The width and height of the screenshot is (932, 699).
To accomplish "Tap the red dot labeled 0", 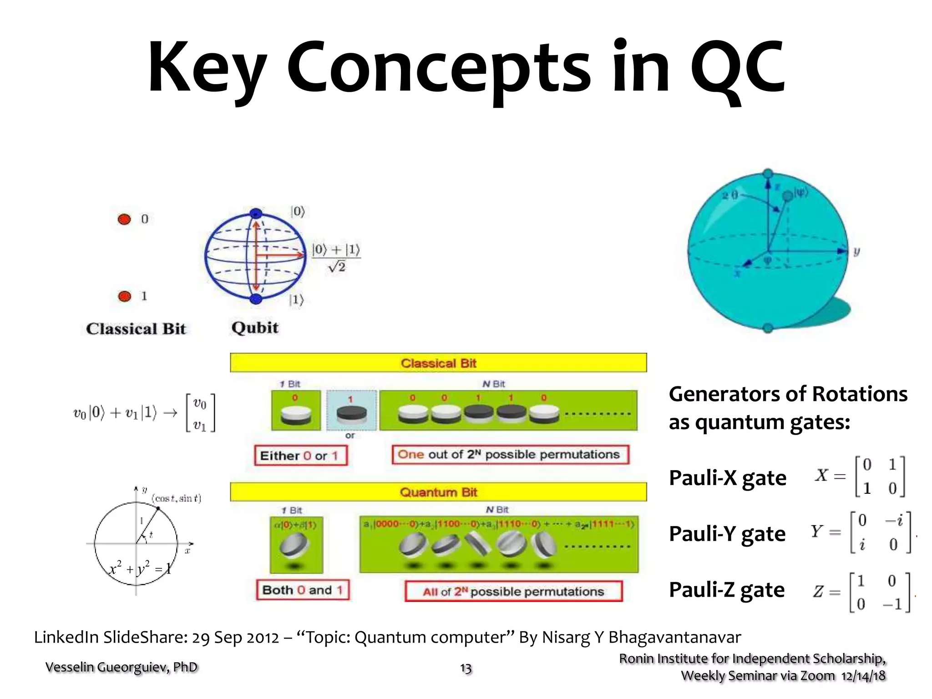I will point(124,219).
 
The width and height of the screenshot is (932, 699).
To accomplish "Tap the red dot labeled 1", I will point(124,296).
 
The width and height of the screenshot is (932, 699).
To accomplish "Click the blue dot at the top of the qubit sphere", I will point(256,213).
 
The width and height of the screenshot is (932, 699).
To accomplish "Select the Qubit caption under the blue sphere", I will point(255,328).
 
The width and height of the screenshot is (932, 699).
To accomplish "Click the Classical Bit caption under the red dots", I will point(136,329).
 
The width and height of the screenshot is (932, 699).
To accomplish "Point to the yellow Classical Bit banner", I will point(438,363).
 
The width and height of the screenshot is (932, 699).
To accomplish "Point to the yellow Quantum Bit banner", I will point(438,492).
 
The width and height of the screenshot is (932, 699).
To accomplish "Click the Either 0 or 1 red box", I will point(300,456).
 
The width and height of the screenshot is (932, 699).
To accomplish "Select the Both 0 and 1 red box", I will point(303,590).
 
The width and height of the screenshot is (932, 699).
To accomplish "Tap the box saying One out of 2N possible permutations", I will point(510,455).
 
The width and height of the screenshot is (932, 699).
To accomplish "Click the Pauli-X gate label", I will point(727,477).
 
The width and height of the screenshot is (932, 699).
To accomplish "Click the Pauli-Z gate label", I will point(726,589).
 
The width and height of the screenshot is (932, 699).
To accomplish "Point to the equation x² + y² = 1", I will point(140,569).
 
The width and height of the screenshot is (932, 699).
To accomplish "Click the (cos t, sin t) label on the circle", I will point(177,498).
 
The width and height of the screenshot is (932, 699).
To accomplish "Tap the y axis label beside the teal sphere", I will point(856,251).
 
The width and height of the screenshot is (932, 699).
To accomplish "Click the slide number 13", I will point(466,668).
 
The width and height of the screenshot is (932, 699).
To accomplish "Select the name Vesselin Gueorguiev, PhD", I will point(122,667).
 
